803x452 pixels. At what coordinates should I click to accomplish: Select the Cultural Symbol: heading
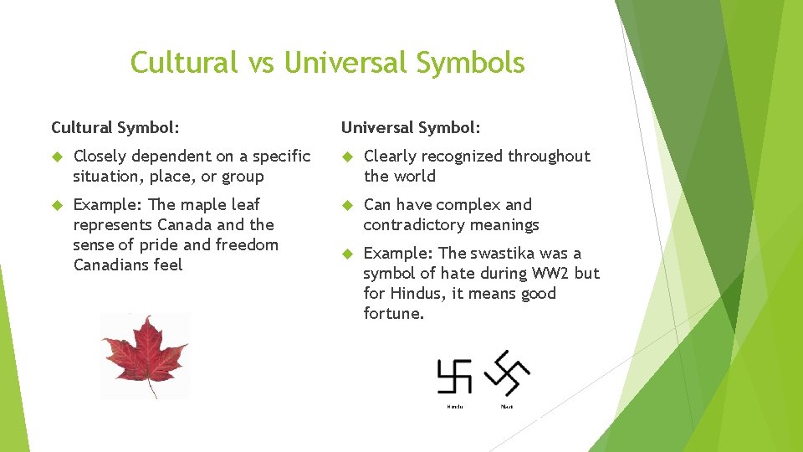115,127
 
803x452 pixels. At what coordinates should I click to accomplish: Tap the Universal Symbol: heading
411,127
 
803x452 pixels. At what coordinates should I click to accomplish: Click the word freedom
247,244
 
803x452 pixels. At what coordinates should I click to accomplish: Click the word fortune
394,313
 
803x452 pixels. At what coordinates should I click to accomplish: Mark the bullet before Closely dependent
56,157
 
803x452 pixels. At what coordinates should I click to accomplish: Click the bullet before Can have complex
346,205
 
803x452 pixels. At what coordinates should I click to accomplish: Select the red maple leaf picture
145,352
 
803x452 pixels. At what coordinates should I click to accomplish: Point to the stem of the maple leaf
151,388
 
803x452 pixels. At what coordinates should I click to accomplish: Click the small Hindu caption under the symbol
454,406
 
